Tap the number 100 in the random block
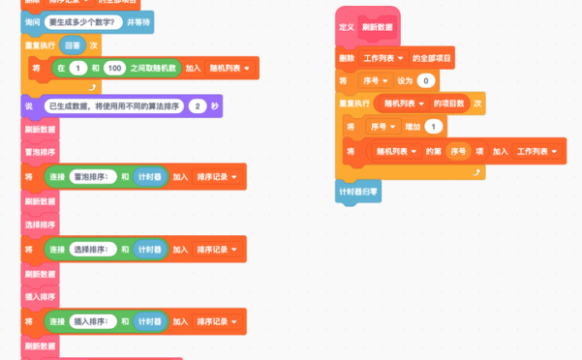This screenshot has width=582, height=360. point(115,68)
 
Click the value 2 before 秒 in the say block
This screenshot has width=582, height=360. point(198,105)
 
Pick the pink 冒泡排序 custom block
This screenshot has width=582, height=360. point(40,153)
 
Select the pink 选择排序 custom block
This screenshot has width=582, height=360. point(40,225)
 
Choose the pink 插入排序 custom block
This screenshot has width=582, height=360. point(40,296)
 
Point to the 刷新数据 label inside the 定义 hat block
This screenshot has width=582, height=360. point(378,27)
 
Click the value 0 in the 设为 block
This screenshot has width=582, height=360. point(426,80)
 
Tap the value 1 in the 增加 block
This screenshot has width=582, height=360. point(433,127)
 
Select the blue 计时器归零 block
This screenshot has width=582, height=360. point(360,193)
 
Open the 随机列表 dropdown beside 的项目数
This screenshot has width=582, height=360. point(406,103)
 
